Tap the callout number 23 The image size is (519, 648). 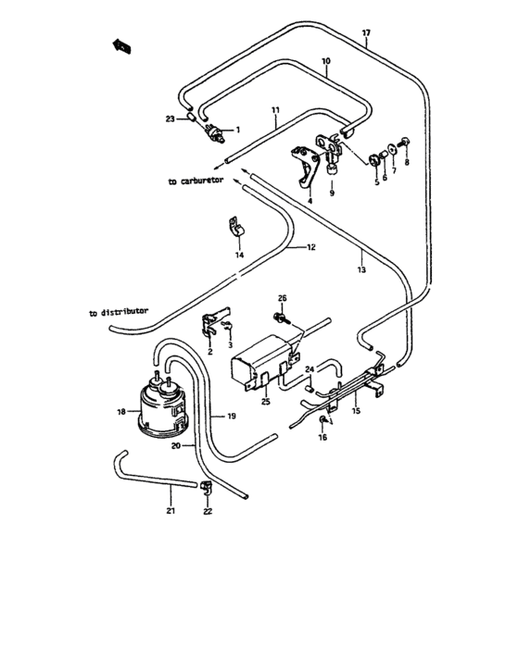point(170,118)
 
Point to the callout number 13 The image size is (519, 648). point(361,270)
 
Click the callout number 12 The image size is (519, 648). point(311,247)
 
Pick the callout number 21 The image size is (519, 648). point(170,510)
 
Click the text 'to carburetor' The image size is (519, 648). point(196,182)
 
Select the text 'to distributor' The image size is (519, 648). point(119,313)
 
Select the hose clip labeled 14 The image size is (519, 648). point(236,227)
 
